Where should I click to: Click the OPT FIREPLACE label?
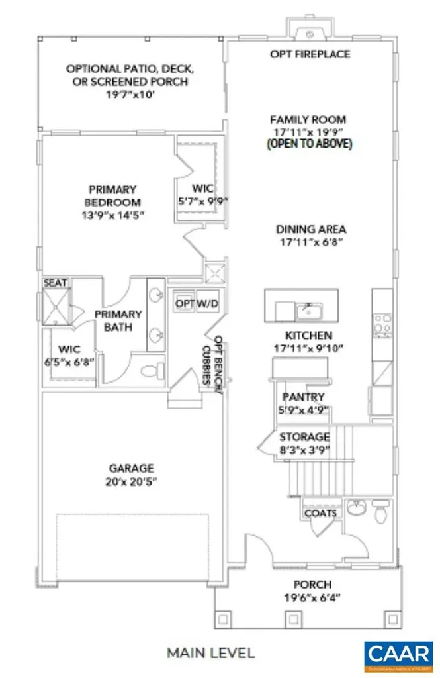[x=310, y=54]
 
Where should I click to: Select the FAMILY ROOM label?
[x=308, y=120]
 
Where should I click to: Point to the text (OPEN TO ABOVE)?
[x=308, y=144]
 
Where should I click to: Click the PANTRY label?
[x=302, y=397]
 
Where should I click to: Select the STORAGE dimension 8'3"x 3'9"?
[x=304, y=450]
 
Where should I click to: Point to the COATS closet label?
[x=321, y=513]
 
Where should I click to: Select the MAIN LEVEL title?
[x=210, y=653]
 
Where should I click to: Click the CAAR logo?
[x=399, y=654]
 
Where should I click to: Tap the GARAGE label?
[x=132, y=467]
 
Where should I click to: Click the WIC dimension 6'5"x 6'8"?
[x=68, y=362]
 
